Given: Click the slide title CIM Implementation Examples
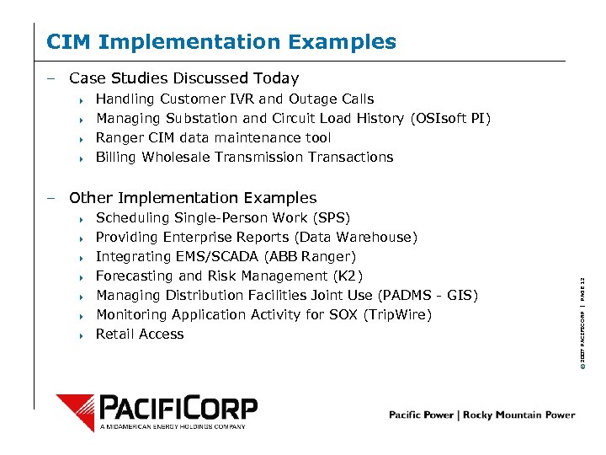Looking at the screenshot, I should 221,41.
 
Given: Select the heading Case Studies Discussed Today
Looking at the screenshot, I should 183,78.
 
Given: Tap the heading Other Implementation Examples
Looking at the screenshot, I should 193,198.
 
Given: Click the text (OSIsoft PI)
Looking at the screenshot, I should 450,118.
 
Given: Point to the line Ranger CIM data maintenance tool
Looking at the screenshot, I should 213,137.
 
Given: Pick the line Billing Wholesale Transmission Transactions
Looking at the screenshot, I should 244,157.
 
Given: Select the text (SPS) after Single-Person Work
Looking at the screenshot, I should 332,217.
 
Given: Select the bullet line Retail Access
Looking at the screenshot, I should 140,334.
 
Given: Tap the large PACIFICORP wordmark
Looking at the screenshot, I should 178,408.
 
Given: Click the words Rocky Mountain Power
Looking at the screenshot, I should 525,415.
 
